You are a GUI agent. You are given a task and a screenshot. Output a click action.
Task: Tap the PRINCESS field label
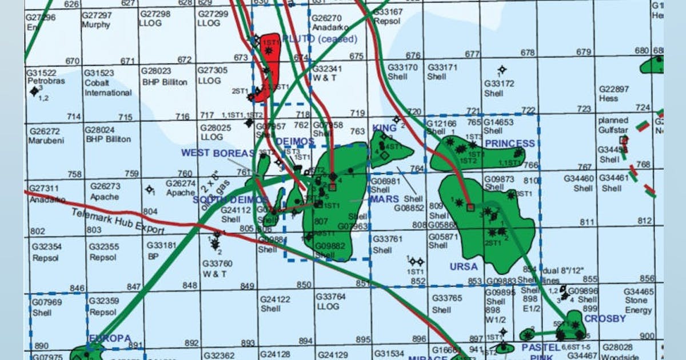point(510,143)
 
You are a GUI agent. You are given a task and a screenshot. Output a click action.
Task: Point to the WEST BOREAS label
point(218,153)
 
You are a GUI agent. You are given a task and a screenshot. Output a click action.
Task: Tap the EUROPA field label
point(109,338)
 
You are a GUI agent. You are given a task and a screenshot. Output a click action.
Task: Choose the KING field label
point(384,127)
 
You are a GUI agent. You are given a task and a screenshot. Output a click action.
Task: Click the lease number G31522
point(41,73)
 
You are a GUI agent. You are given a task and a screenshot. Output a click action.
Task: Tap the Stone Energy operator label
point(638,305)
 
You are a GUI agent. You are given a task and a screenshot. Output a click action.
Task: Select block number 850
point(304,285)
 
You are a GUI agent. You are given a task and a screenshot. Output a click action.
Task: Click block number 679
point(583,52)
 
